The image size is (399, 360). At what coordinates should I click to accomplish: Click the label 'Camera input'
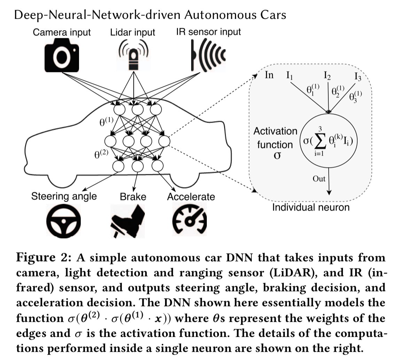tap(62, 32)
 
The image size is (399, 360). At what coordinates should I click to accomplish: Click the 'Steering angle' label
tap(64, 196)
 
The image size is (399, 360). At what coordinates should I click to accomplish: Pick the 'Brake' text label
tap(133, 196)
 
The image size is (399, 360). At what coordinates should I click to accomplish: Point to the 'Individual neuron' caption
tap(311, 208)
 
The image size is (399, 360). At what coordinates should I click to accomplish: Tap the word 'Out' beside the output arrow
tap(319, 179)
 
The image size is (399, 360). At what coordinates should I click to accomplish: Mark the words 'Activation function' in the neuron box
tap(275, 138)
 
